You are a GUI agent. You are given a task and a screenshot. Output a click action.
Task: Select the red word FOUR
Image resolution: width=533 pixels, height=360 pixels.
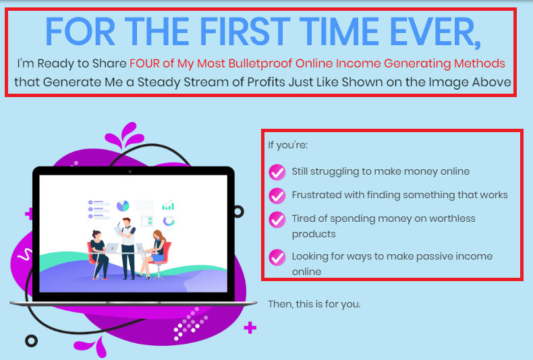coord(144,63)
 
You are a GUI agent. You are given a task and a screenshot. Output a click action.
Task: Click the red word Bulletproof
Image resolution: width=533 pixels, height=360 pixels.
coord(260,64)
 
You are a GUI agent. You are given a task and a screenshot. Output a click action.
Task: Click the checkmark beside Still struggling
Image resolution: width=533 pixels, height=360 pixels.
coord(277,172)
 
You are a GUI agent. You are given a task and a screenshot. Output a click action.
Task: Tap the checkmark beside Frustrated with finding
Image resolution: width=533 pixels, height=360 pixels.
coord(277,196)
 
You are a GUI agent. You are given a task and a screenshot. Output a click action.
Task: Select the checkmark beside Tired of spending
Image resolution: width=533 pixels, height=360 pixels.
coord(277,219)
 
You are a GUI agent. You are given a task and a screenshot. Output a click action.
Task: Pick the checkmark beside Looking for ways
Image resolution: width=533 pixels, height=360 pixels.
coord(277,257)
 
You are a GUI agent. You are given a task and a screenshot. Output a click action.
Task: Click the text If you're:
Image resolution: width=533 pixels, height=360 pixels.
coord(287,146)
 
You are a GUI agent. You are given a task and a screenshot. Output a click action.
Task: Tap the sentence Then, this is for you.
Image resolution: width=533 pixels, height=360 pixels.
coord(314,304)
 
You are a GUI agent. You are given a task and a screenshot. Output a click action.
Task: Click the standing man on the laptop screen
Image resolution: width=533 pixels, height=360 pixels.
coord(127,248)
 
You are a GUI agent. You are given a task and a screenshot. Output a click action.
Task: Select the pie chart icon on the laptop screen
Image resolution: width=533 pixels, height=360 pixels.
coord(123,206)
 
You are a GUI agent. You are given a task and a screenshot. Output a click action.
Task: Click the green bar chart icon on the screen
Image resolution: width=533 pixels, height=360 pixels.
coord(168,205)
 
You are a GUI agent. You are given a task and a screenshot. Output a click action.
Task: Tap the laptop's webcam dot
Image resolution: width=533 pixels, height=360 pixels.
coord(130,172)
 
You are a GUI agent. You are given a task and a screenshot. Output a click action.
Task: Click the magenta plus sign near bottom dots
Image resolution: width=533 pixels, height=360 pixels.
coord(250,328)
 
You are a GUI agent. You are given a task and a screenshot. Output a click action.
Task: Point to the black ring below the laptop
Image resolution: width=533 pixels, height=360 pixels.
coord(31,340)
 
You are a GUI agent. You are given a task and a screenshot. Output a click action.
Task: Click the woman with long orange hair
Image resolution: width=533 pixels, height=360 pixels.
coord(155,253)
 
